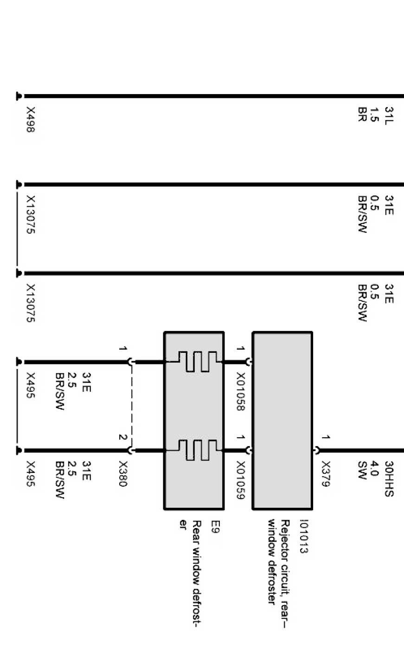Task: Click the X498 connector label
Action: [31, 120]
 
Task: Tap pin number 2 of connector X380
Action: [122, 437]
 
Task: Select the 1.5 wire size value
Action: [376, 113]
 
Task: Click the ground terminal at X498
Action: [19, 96]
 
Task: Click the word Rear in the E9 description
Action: [196, 529]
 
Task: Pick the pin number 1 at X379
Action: [326, 437]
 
